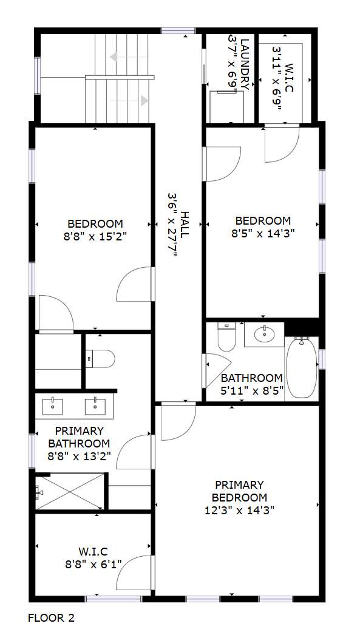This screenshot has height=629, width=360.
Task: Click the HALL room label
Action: tap(185, 225)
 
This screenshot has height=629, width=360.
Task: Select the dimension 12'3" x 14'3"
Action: tap(239, 510)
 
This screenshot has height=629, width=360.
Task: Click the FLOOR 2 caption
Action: tap(51, 617)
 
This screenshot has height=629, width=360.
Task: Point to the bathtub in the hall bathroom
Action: tap(302, 367)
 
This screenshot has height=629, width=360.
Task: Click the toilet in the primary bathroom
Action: tap(100, 358)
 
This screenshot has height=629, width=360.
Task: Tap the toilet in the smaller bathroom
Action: tap(226, 336)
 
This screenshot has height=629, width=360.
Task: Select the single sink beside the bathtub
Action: tap(264, 334)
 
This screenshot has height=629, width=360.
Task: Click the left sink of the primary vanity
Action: tap(53, 406)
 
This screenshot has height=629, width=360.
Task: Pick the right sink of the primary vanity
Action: tap(95, 406)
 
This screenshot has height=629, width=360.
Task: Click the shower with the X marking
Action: tap(70, 492)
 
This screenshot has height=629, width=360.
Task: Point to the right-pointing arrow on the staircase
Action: tap(129, 101)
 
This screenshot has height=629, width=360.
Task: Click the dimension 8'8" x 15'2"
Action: tap(95, 236)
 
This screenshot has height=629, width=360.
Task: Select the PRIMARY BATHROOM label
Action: tap(79, 437)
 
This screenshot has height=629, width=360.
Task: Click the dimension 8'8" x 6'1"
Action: tap(93, 565)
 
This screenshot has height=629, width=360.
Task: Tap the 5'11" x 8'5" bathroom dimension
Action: tap(252, 390)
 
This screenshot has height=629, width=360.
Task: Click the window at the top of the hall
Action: tap(178, 30)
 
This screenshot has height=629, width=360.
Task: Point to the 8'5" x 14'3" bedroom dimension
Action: tap(263, 233)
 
